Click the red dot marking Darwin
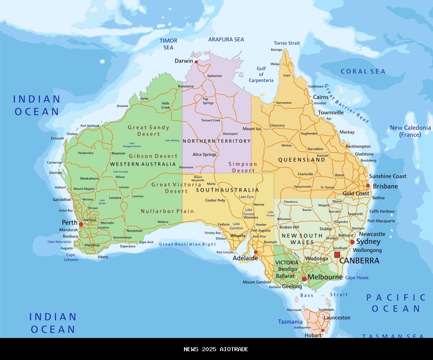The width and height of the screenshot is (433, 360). coord(196,62)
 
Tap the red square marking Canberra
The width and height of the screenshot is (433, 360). coord(337,255)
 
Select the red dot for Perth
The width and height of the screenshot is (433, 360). coord(81,224)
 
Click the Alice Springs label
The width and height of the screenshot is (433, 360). coord(204,154)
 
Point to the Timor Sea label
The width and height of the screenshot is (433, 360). coord(168,44)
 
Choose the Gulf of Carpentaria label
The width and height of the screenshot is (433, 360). coord(261,75)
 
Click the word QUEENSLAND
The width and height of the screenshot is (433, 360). coord(301,160)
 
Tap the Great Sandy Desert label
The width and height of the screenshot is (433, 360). coord(148,131)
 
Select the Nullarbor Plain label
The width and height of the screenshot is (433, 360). coord(167,211)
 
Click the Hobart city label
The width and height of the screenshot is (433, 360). coord(313,335)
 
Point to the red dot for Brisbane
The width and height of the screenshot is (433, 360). coord(368,186)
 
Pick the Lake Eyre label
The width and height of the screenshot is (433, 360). coord(246,197)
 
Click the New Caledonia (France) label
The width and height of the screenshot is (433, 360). coord(410,131)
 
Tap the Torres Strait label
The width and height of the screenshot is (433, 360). coord(287,43)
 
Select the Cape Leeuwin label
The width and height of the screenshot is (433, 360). coord(71,257)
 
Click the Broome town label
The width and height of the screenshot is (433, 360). coord(123,106)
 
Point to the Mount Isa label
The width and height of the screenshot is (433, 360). coord(251,129)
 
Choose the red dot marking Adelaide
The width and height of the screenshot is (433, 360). coord(256,252)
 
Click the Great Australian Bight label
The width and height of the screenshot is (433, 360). coord(187,244)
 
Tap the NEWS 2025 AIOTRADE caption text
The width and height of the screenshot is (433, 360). coord(216,349)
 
